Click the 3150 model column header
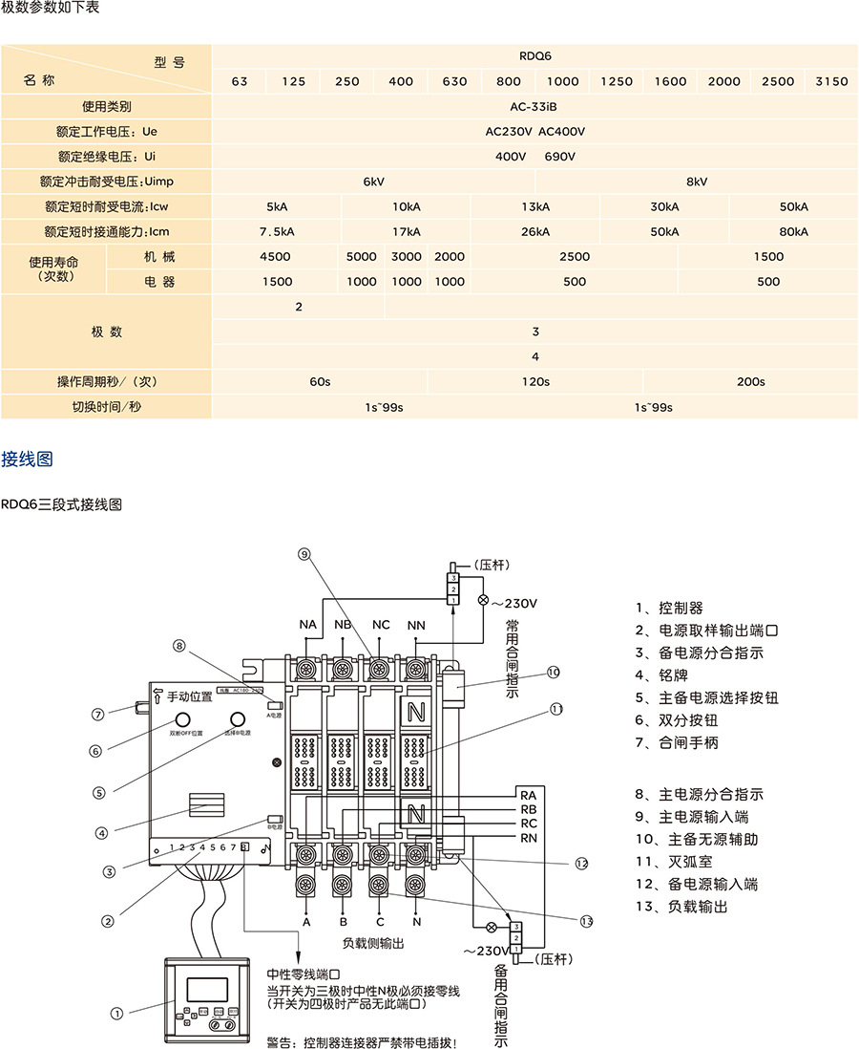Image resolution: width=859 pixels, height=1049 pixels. [x=831, y=81]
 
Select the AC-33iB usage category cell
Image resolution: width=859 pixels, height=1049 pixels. [x=534, y=106]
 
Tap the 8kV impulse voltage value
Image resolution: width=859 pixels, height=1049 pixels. [x=697, y=181]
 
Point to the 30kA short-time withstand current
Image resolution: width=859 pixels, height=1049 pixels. [x=664, y=206]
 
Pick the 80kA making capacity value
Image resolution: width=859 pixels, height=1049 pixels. [x=793, y=231]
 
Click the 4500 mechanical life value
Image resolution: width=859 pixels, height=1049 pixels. [x=275, y=256]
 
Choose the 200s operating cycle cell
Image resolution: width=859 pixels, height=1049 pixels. [x=750, y=381]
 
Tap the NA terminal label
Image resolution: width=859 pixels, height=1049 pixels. [x=307, y=625]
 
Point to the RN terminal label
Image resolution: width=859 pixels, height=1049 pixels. [x=528, y=838]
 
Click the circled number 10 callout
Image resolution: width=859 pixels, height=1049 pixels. [x=554, y=673]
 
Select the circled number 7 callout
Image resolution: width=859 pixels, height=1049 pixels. [x=97, y=713]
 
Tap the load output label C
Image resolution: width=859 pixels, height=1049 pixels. [x=380, y=923]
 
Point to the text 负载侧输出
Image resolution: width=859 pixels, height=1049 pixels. [x=373, y=944]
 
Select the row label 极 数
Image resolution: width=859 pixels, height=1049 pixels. [x=107, y=332]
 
